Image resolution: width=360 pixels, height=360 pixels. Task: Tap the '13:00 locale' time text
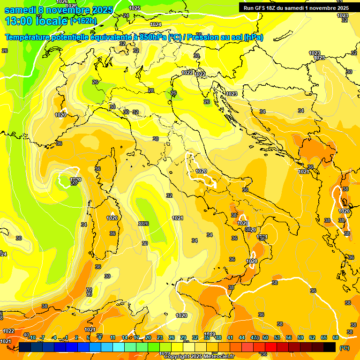(36, 21)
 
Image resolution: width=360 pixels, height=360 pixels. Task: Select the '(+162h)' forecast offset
(84, 21)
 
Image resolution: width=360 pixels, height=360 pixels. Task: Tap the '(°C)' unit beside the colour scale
(344, 348)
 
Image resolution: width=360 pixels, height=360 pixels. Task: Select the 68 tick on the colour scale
(336, 337)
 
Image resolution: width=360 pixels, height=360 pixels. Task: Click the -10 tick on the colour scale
(32, 337)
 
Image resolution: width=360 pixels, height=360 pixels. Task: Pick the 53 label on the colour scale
(277, 337)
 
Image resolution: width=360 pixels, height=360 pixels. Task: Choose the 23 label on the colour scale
(160, 337)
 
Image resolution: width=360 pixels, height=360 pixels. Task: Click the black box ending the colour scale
(330, 347)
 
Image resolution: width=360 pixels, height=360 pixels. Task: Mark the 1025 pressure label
(135, 8)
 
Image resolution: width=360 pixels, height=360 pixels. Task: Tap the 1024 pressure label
(156, 24)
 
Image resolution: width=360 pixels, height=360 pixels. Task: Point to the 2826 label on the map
(143, 224)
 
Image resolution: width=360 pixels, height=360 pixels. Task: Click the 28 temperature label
(151, 90)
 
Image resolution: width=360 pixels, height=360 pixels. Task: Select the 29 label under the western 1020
(74, 183)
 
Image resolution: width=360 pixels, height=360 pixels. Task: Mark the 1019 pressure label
(210, 334)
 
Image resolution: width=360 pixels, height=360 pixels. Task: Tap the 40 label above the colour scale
(26, 335)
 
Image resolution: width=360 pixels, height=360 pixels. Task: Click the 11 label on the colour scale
(112, 337)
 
